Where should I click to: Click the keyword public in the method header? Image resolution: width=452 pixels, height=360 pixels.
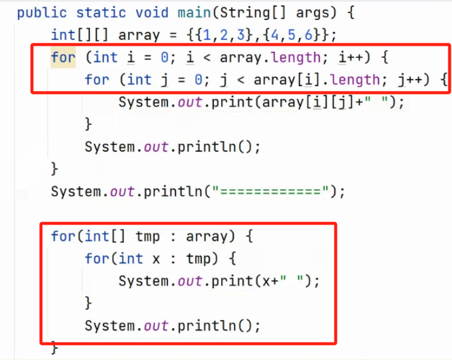click(x=38, y=13)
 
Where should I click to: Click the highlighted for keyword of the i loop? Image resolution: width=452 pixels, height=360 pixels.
click(x=63, y=57)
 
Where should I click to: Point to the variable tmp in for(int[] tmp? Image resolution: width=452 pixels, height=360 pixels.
click(x=148, y=237)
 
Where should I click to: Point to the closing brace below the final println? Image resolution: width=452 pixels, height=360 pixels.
click(x=55, y=347)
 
